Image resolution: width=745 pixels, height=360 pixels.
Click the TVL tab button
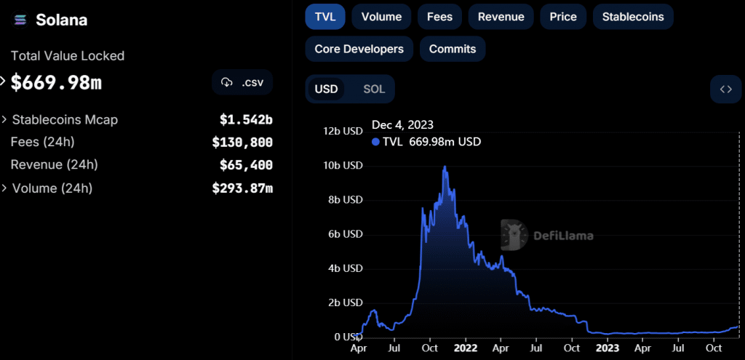click(x=324, y=17)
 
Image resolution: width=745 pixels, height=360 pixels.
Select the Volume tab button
click(x=381, y=17)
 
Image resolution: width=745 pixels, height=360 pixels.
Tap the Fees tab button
click(x=439, y=17)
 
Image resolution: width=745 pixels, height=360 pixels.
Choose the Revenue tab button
click(x=501, y=17)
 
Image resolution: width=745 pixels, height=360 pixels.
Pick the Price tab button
click(x=563, y=17)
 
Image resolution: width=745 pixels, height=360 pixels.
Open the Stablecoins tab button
click(x=633, y=17)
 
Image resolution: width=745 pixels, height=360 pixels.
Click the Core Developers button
click(x=359, y=49)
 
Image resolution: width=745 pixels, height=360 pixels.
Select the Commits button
click(x=453, y=49)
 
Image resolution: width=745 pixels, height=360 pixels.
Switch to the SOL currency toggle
click(x=374, y=89)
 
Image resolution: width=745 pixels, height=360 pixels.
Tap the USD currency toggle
click(x=326, y=89)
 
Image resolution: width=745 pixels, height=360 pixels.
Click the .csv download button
click(x=242, y=82)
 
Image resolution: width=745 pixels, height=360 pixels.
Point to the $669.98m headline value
click(x=56, y=83)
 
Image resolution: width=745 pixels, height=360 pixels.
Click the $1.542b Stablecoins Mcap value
click(x=246, y=119)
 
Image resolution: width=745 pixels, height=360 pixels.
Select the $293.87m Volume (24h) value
click(x=242, y=188)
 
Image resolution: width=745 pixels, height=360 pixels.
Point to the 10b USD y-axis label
click(x=342, y=165)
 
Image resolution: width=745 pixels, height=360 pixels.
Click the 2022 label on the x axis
click(x=465, y=348)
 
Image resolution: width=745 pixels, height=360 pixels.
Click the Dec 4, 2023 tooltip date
click(x=402, y=125)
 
